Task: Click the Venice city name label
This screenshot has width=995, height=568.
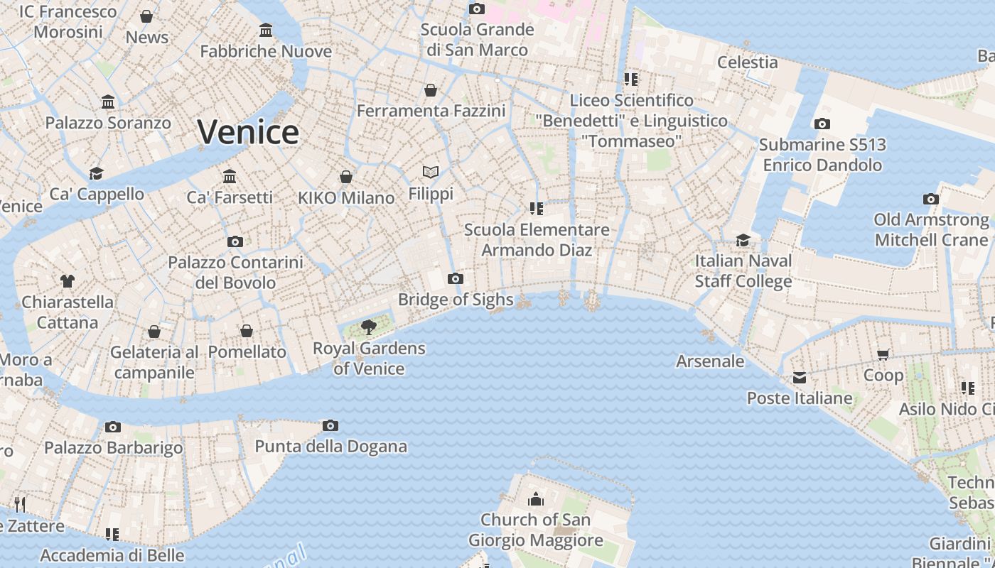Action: (x=248, y=132)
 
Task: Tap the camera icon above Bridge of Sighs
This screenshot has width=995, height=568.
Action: (x=456, y=278)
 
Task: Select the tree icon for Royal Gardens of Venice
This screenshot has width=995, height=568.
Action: (x=369, y=327)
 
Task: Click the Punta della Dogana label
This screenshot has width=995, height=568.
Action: (x=331, y=447)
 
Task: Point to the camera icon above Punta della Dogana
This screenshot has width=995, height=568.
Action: (x=330, y=425)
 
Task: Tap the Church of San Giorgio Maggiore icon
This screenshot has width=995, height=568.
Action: (x=535, y=498)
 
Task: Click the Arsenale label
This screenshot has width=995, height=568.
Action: (x=710, y=361)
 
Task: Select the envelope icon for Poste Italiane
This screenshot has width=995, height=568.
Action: (x=800, y=377)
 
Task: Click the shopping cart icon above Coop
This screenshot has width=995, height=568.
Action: (x=883, y=354)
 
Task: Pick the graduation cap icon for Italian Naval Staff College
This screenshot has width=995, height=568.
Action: (x=743, y=240)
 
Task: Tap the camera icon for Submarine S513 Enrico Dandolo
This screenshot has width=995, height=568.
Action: (x=822, y=124)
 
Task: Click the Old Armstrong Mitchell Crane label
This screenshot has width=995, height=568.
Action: (x=931, y=230)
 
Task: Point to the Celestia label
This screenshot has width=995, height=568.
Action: (x=748, y=62)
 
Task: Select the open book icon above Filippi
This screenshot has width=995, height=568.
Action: (x=431, y=172)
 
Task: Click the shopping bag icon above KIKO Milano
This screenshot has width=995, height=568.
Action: (x=346, y=176)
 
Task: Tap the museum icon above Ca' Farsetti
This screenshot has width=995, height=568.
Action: (x=230, y=175)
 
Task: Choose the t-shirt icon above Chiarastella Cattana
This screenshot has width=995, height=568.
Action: (x=68, y=281)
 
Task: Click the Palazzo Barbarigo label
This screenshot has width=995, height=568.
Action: (x=114, y=448)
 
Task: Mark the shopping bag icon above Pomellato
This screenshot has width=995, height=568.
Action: (x=247, y=331)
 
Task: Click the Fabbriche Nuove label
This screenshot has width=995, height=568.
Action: (x=266, y=51)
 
